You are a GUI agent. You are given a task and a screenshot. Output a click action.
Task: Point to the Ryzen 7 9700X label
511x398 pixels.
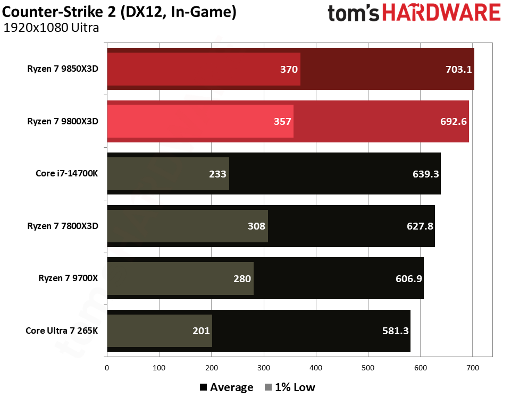[69, 278]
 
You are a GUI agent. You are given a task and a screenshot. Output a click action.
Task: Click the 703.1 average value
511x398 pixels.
[457, 69]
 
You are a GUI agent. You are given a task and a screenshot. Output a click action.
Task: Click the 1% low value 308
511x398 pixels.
[256, 226]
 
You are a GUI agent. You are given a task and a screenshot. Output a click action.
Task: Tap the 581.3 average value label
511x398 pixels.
[395, 331]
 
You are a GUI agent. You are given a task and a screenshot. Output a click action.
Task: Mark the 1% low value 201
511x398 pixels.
[200, 331]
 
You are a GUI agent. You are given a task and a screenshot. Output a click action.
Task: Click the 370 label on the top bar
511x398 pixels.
[289, 69]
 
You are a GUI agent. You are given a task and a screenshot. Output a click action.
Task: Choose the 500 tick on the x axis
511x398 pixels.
[316, 367]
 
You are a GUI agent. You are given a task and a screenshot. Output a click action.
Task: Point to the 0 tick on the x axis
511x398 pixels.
[107, 367]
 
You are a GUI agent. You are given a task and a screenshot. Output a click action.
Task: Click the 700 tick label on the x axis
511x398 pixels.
[473, 367]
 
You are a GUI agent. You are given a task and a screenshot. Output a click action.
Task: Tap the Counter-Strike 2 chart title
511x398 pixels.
[120, 12]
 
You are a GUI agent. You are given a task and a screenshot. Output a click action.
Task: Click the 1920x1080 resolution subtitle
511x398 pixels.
[51, 28]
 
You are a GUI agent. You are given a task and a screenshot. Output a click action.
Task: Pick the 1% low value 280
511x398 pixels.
[242, 278]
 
